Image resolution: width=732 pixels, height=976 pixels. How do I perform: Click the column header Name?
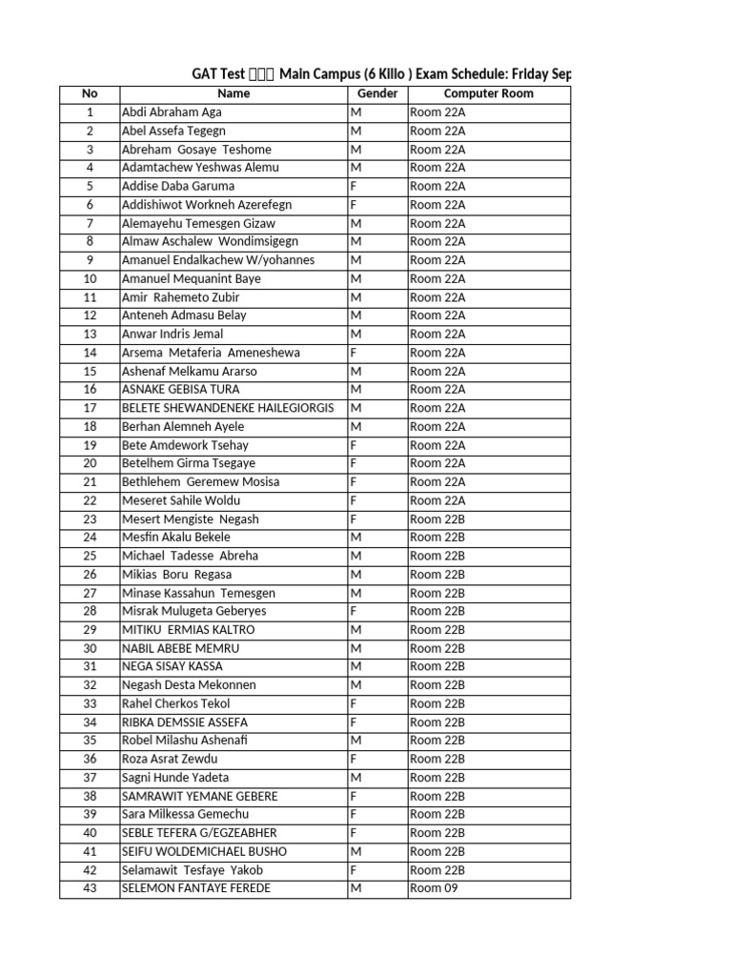pos(234,93)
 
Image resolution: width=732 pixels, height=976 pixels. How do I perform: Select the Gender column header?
pos(376,93)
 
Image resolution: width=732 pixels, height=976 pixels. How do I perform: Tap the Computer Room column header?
pos(488,93)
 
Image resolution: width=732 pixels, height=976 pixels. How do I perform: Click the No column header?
pos(90,93)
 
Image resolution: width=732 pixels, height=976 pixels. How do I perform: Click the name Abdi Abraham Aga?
pos(172,112)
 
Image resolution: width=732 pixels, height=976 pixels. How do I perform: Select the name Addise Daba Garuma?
pos(178,186)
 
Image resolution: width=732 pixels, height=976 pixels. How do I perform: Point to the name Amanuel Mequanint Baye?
pos(192,278)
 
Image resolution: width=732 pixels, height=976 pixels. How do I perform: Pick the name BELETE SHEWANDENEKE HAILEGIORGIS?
pos(228,408)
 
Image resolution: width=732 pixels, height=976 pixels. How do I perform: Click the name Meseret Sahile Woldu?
pos(181,500)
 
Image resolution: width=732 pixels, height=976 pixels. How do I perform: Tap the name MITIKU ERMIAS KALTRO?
pos(189,630)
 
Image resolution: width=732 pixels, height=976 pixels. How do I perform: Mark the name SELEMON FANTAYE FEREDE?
pos(196,888)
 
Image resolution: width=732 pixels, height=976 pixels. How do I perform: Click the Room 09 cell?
pos(427,888)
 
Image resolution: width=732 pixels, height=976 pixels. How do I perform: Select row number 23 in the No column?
pos(90,519)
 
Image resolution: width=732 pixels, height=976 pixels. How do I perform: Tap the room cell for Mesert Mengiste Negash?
pos(437,519)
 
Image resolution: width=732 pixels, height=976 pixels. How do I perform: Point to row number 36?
pos(90,759)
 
